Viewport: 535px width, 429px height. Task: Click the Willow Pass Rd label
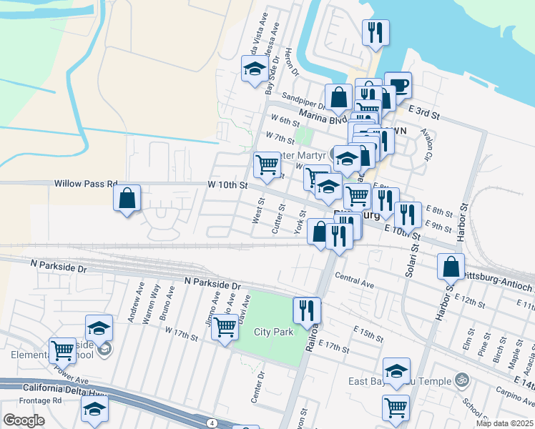tap(85, 184)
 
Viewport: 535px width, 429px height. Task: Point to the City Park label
tap(273, 332)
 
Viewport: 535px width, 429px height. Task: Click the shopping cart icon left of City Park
tap(225, 328)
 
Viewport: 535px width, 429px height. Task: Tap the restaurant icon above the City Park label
tap(307, 310)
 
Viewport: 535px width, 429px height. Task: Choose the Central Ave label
tap(354, 279)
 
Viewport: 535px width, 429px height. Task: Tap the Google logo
tap(23, 420)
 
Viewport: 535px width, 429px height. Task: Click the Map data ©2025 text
tap(504, 423)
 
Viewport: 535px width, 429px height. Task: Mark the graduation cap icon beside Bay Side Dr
tap(254, 69)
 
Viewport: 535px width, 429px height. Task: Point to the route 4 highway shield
tap(212, 423)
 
